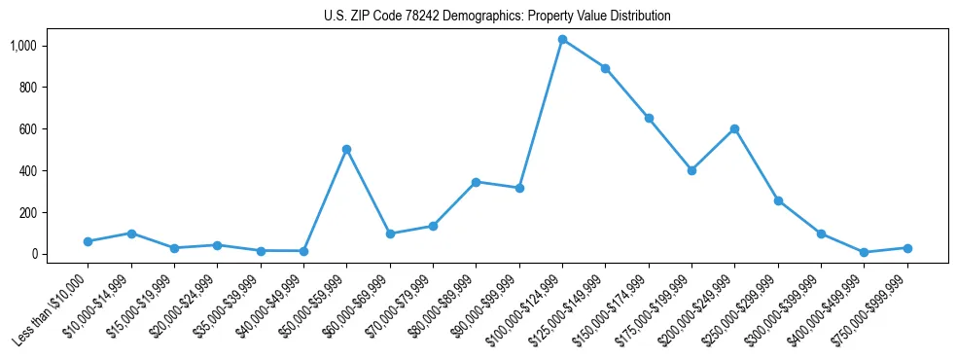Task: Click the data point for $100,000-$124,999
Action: [x=562, y=40]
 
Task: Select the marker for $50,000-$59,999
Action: [x=346, y=150]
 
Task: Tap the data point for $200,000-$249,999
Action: [x=734, y=128]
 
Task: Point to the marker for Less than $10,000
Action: [x=88, y=241]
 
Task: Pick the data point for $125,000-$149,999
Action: [x=605, y=68]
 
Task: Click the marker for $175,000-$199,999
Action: [x=691, y=170]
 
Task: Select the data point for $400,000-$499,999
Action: [x=864, y=252]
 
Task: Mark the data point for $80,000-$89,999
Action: [x=476, y=182]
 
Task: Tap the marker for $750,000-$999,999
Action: [x=906, y=248]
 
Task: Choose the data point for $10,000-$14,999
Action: [x=131, y=234]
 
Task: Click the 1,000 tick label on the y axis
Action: [x=23, y=46]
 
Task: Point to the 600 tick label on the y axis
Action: [x=28, y=129]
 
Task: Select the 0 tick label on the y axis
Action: [x=34, y=254]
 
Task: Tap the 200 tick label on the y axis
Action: [x=28, y=212]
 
